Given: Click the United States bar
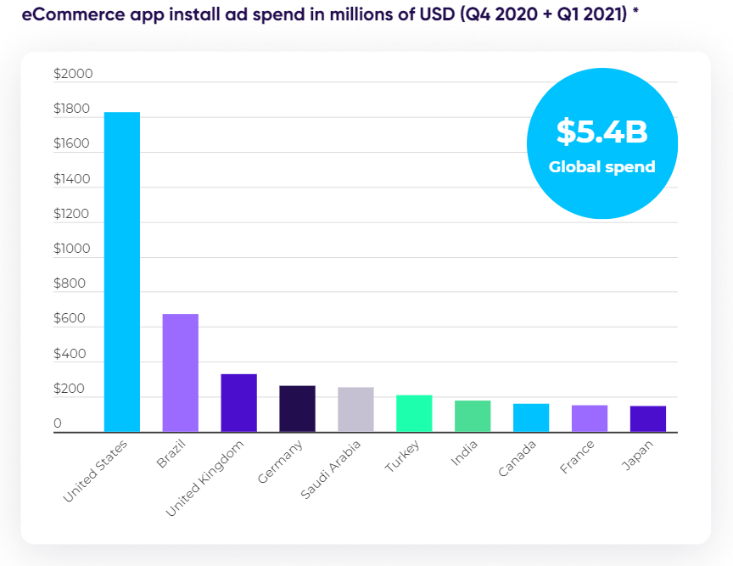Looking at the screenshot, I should tap(122, 272).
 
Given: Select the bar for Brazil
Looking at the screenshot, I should tap(181, 373).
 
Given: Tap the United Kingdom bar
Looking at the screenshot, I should tap(238, 403).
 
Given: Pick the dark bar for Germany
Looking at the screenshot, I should tap(297, 409).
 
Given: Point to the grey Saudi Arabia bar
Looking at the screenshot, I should tap(355, 410).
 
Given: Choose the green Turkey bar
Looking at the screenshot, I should tap(414, 413).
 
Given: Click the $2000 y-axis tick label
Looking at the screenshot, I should tap(72, 75).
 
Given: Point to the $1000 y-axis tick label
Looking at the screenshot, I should tap(72, 249).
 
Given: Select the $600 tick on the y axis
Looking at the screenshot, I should tap(70, 319).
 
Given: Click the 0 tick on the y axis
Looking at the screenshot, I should tap(58, 423).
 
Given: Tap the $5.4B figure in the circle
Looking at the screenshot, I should tap(602, 132).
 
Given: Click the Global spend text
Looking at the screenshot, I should tap(602, 167).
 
